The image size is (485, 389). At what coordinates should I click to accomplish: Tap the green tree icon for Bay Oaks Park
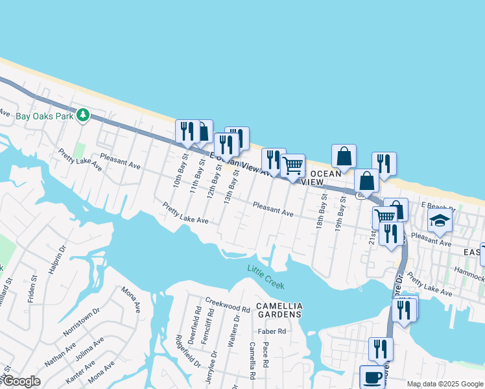tap(82, 115)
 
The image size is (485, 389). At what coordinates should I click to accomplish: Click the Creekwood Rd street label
tap(228, 305)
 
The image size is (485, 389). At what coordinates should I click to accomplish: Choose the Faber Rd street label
tap(272, 331)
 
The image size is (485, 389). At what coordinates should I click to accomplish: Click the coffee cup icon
tap(372, 377)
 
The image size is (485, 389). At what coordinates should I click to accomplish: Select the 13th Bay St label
tap(228, 186)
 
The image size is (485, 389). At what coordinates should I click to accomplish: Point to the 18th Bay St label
tap(320, 213)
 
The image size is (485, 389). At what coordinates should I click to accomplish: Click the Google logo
tap(21, 381)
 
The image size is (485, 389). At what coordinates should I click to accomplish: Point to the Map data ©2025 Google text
tap(445, 384)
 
